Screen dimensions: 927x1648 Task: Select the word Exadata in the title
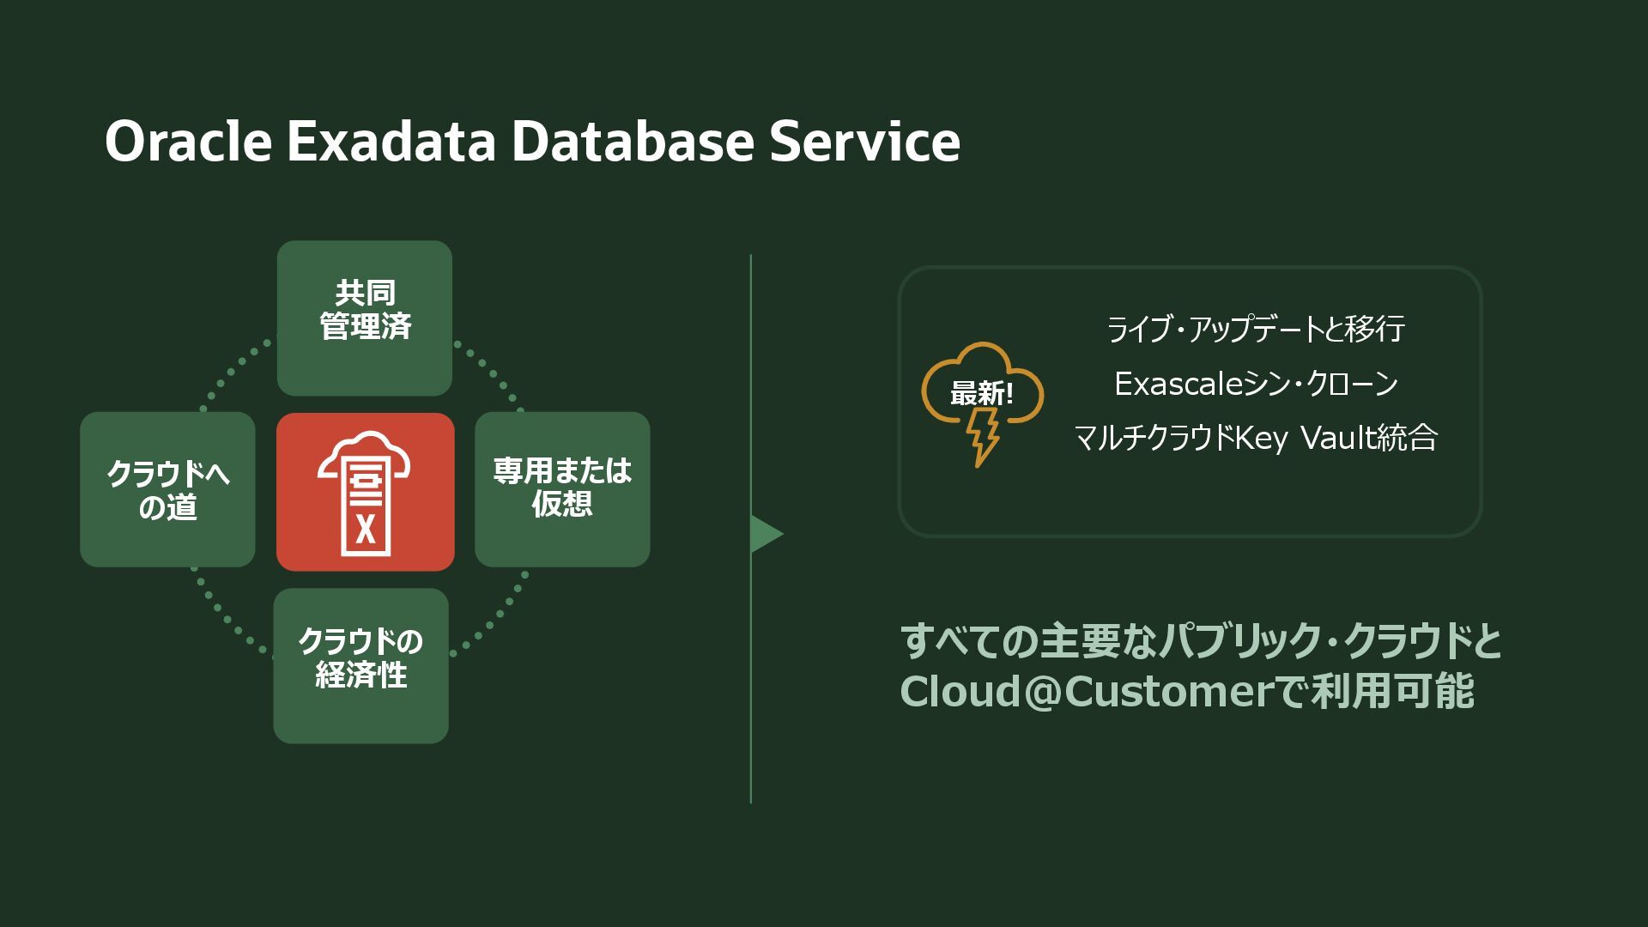tap(391, 142)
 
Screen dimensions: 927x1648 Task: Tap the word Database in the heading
tap(632, 142)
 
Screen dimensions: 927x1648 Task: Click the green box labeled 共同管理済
tap(365, 318)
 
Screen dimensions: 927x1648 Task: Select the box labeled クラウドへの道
tap(167, 489)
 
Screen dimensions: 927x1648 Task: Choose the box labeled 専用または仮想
tap(562, 489)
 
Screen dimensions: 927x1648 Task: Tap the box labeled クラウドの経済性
tap(360, 665)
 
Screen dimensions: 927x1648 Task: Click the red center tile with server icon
tap(365, 491)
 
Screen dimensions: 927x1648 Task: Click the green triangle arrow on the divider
tap(766, 534)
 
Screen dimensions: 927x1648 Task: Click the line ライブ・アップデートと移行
tap(1255, 329)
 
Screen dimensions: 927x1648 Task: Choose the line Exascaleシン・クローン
tap(1256, 384)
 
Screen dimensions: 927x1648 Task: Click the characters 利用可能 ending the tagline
tap(1391, 691)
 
